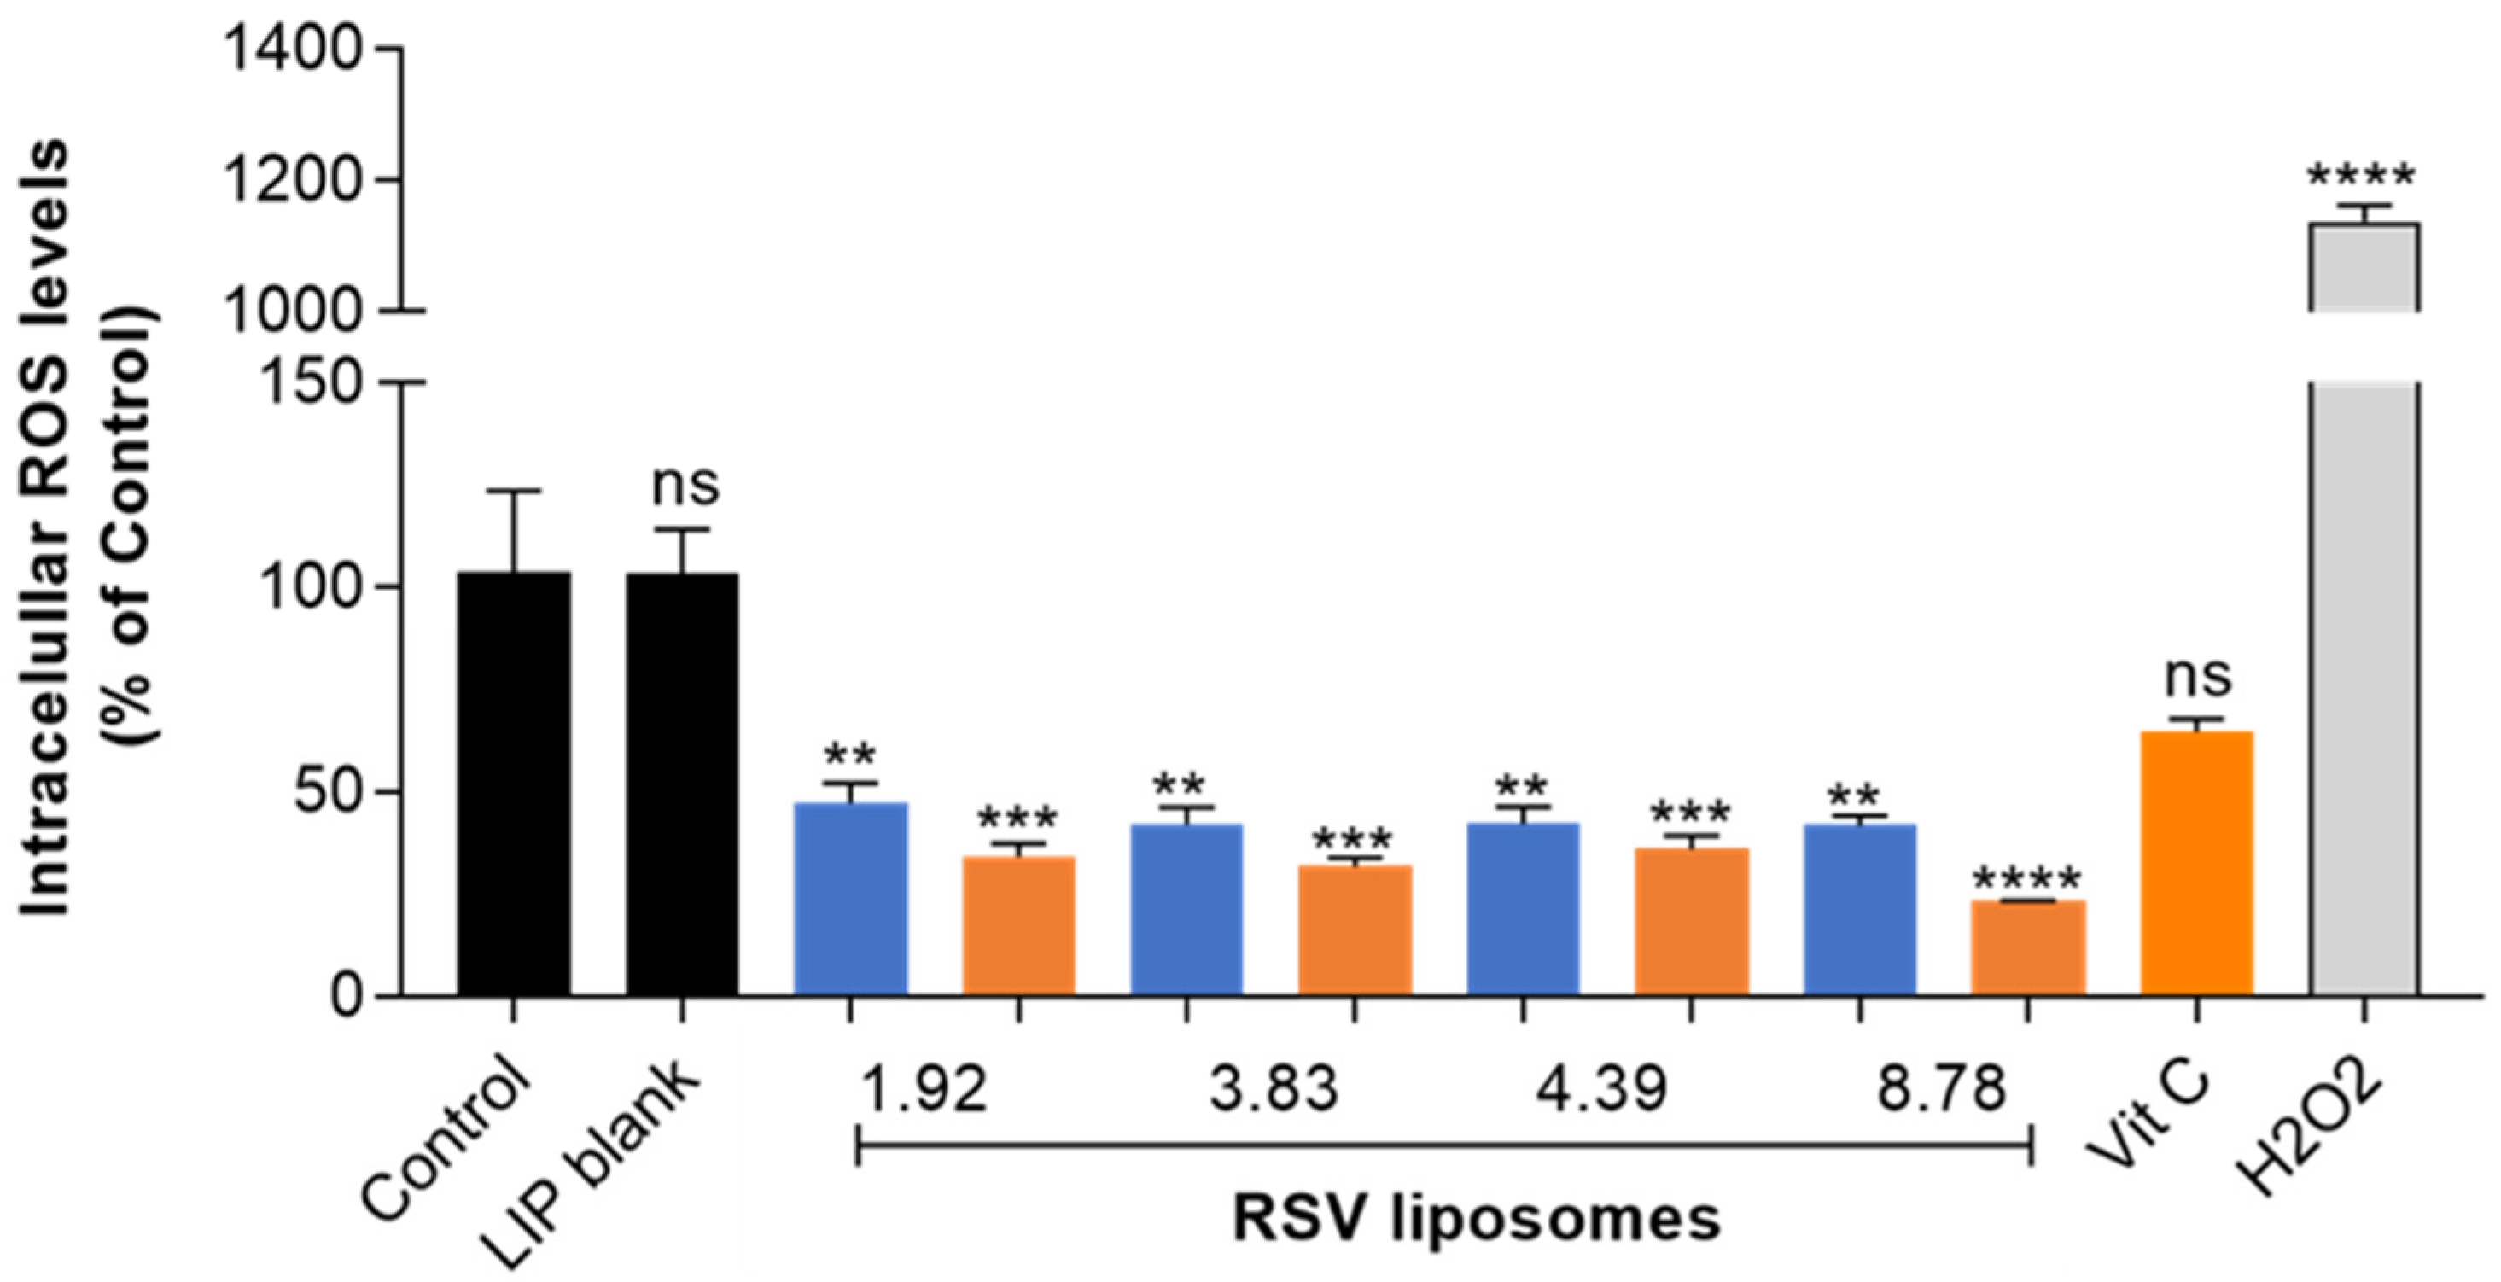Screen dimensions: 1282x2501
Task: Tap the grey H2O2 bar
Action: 2363,679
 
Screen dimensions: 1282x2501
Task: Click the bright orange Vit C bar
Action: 2196,864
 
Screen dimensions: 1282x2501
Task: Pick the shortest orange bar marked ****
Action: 2028,948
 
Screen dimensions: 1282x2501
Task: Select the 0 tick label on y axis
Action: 346,997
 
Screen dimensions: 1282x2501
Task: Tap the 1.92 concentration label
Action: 924,1090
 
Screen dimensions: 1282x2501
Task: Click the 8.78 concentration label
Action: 1941,1090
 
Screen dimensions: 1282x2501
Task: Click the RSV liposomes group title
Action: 1476,1219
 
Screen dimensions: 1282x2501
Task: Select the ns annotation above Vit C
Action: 2198,677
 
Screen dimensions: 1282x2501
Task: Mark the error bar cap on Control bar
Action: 514,491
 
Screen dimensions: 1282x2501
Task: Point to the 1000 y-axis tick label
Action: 292,312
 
